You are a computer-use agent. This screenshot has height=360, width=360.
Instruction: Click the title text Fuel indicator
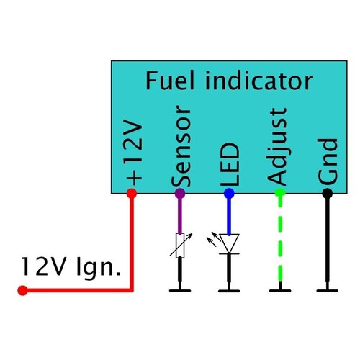pos(229,81)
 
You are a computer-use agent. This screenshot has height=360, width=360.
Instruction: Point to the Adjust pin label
pos(277,147)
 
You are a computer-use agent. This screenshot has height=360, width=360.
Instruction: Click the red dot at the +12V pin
pos(132,193)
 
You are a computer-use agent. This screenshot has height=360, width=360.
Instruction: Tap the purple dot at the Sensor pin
pos(180,193)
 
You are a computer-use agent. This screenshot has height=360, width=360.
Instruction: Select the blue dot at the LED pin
pos(229,193)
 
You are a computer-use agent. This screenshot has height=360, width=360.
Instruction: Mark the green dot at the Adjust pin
pos(279,193)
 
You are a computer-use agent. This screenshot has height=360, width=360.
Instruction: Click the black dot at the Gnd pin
pos(327,193)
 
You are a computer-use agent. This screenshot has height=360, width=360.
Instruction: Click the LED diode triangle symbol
pos(229,244)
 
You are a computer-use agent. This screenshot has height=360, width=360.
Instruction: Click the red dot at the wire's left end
pos(22,291)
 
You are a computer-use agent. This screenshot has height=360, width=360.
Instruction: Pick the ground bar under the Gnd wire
pos(327,290)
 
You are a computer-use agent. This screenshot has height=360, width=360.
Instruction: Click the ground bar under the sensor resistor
pos(180,290)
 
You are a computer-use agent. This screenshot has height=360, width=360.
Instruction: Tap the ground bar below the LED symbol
pos(229,290)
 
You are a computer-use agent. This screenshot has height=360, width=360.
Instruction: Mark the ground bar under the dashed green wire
pos(279,290)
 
